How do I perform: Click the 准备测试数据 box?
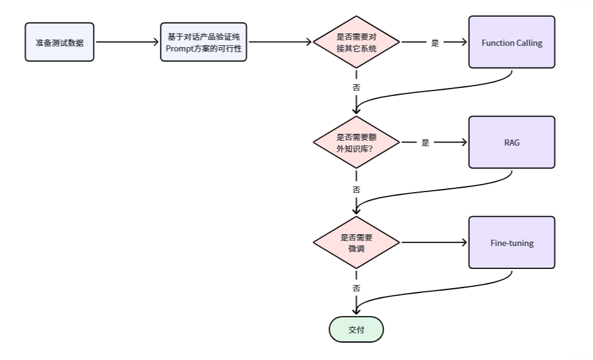[59, 42]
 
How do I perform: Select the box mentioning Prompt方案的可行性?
[203, 42]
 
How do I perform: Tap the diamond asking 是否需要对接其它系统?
[356, 42]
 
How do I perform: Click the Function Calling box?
[511, 42]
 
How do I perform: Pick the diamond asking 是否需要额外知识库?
[356, 142]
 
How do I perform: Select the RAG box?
[511, 142]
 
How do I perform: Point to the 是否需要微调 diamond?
[356, 242]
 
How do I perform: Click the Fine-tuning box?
[511, 242]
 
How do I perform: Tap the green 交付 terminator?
[356, 329]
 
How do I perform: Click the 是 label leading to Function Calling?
[435, 43]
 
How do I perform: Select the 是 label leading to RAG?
[425, 143]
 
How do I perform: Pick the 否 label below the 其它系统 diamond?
[356, 87]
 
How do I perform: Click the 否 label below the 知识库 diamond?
[356, 189]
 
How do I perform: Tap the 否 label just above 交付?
[356, 288]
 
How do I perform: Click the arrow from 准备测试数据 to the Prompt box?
[127, 42]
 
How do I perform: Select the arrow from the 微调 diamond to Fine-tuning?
[434, 242]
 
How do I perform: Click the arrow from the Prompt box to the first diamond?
[279, 42]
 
